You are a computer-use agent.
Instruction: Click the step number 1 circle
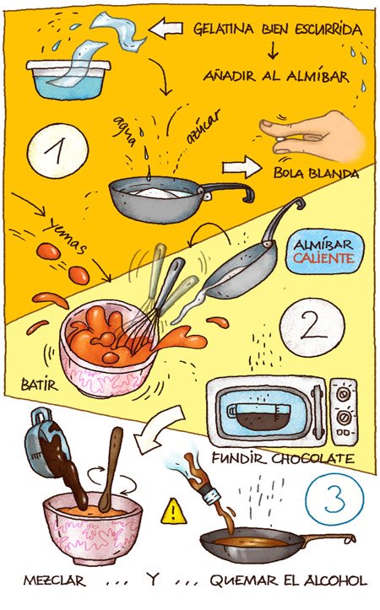pos(57,150)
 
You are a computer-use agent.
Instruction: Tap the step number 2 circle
pos(312,325)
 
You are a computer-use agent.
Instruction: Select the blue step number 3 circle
pos(335,499)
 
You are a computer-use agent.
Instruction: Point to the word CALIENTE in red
pos(323,258)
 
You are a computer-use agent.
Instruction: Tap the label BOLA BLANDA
pos(316,173)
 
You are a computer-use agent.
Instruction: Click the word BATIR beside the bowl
pos(40,385)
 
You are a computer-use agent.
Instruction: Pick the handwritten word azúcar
pos(204,126)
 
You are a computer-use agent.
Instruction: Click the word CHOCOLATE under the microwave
pos(313,458)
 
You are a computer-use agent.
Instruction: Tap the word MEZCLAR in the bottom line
pos(55,580)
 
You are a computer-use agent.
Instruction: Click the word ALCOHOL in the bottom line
pos(335,580)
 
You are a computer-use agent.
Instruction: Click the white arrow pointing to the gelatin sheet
pos(166,28)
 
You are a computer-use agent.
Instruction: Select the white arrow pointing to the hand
pos(242,167)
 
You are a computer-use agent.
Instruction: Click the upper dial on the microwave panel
pos(343,395)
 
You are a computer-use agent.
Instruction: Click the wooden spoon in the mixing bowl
pos(111,469)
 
